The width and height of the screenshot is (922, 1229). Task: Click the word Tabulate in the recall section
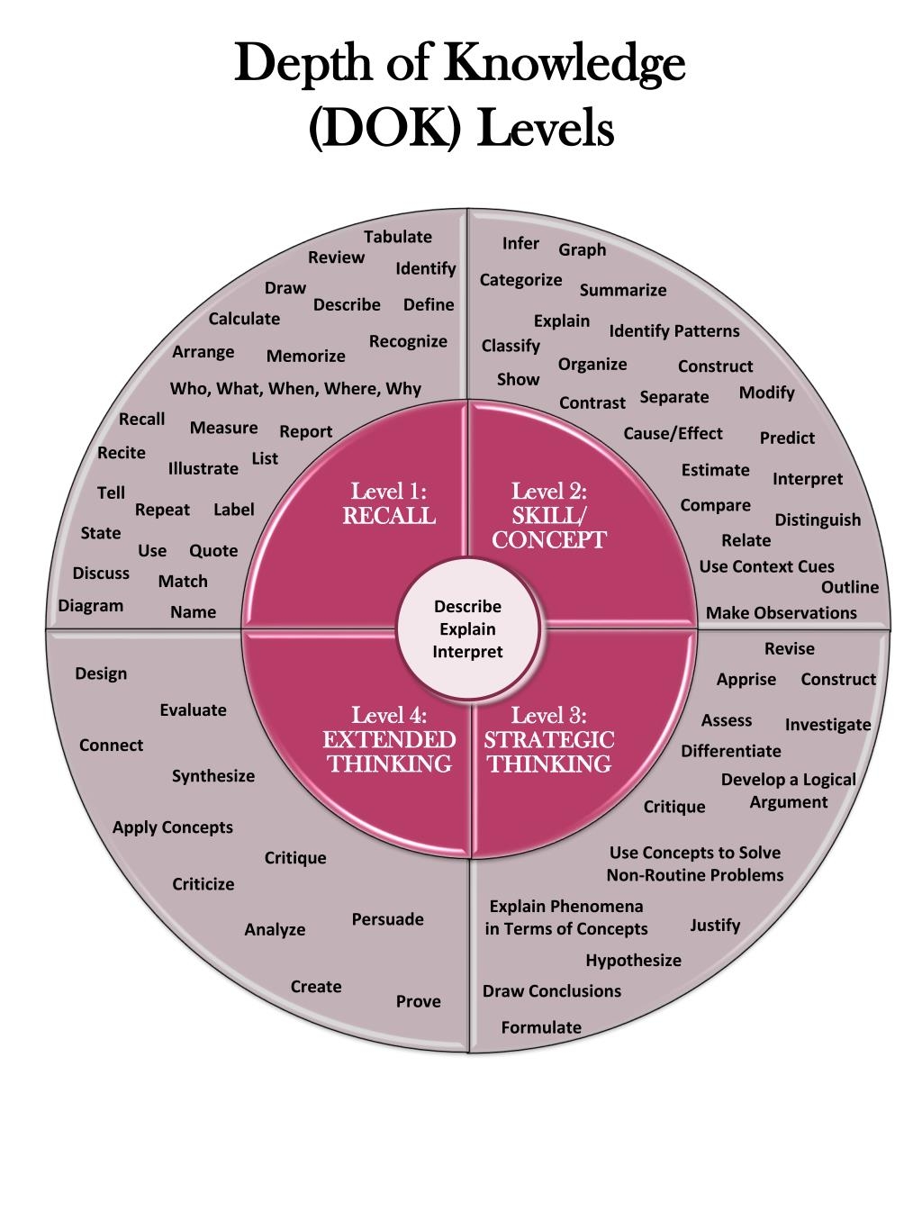point(397,237)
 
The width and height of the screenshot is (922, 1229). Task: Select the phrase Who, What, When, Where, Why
point(295,389)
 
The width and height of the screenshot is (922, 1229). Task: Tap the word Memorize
point(305,357)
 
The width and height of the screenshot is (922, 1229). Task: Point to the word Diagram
point(91,606)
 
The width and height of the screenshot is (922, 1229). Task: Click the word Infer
point(520,244)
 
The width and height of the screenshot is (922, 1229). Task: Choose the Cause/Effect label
point(673,434)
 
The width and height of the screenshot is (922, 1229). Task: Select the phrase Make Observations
point(781,613)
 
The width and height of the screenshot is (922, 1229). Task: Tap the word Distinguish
point(818,520)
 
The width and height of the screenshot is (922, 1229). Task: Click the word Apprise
point(746,680)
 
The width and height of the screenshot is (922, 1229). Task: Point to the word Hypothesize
point(633,961)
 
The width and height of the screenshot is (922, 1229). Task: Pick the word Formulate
point(541,1027)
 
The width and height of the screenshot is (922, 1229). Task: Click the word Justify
point(715,926)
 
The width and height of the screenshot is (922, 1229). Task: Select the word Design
point(101,673)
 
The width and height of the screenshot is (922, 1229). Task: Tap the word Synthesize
point(213,776)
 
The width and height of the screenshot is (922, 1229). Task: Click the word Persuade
point(387,919)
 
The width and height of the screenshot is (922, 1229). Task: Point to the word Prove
point(419,1001)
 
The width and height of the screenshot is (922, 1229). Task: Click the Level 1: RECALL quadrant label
point(388,504)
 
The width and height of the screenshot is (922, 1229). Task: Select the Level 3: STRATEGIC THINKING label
point(548,740)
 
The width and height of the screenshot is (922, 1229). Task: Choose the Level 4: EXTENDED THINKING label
point(389,740)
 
